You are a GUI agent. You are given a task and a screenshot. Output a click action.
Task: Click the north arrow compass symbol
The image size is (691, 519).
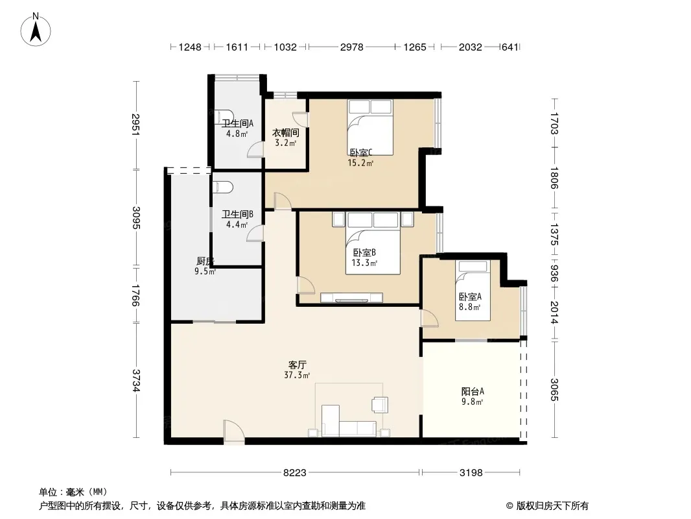(x=36, y=29)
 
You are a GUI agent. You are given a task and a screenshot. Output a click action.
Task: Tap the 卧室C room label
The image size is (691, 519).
(x=361, y=152)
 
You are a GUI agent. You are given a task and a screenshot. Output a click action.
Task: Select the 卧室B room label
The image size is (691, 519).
(x=364, y=252)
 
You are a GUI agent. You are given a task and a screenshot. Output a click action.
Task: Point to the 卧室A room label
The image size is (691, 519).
(x=470, y=296)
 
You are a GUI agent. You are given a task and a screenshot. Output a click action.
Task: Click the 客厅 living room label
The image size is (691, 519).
(x=297, y=365)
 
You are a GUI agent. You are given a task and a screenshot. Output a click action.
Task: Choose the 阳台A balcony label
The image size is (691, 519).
(x=473, y=391)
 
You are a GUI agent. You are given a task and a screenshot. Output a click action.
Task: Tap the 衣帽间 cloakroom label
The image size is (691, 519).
(x=286, y=133)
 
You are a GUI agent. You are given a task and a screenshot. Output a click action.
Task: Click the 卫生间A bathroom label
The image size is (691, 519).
(x=237, y=124)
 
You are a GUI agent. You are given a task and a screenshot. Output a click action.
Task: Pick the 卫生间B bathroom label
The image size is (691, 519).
(x=237, y=214)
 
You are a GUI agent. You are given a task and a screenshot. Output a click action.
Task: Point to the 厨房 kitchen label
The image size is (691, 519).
(x=205, y=261)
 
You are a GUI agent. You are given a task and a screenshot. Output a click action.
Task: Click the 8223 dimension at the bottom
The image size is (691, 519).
(x=294, y=473)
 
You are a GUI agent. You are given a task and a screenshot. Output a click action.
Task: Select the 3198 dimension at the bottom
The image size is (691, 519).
(x=471, y=473)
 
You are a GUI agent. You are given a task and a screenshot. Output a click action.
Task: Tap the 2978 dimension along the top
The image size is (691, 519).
(x=352, y=47)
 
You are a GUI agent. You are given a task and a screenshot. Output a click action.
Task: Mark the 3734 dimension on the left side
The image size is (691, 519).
(x=136, y=380)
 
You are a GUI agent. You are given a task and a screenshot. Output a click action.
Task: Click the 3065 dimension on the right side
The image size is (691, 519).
(x=554, y=390)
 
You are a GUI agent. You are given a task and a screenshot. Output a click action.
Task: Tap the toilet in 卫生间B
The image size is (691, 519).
(x=222, y=187)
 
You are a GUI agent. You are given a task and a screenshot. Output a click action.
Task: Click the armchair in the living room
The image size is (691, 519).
(x=380, y=404)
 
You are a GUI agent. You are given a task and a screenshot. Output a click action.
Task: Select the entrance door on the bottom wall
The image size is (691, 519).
(x=233, y=431)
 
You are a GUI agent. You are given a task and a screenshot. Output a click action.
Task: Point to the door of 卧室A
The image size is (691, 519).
(x=430, y=319)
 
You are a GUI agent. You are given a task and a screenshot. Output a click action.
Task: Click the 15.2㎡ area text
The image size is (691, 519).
(x=360, y=163)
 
